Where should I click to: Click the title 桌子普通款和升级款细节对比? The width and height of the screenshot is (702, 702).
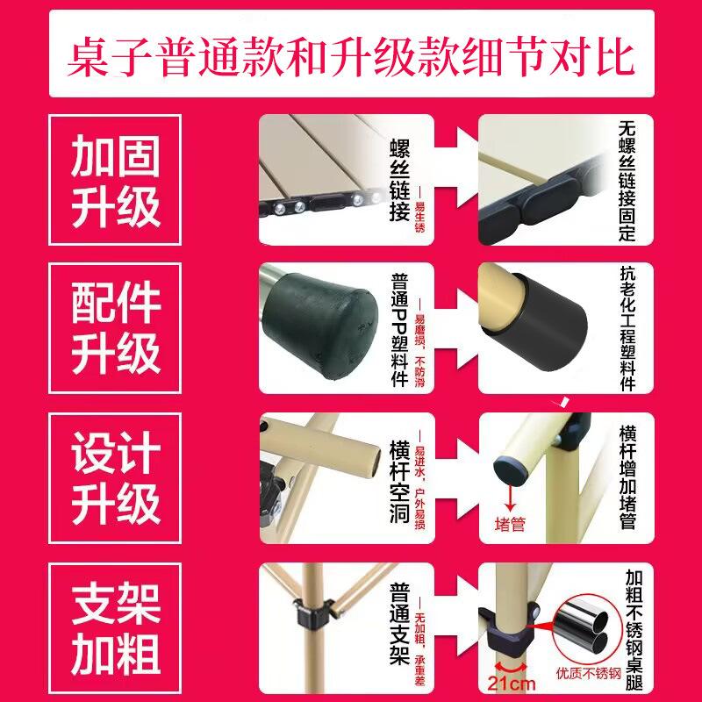(x=351, y=54)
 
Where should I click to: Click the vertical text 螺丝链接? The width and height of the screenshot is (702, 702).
(x=399, y=181)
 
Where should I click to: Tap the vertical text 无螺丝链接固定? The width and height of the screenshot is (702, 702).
(x=626, y=181)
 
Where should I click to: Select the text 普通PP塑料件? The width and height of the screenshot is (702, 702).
(x=399, y=330)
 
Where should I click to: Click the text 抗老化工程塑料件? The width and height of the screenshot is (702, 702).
(x=626, y=330)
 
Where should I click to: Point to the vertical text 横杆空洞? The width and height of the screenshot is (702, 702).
(x=399, y=479)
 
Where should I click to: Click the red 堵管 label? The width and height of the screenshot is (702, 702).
(x=511, y=526)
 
